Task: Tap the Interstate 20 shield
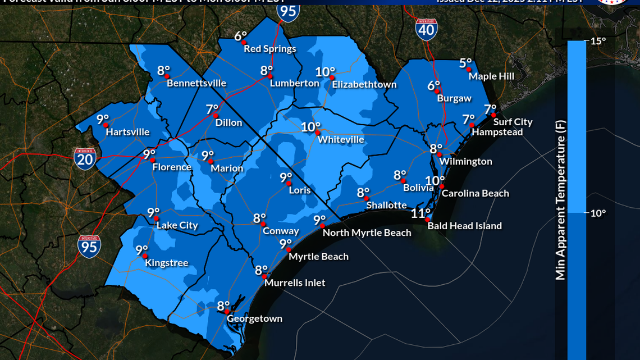[x=85, y=159]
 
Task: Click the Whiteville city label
[x=341, y=139]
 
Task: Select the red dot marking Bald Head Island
[x=428, y=220]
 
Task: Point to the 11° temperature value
[x=420, y=213]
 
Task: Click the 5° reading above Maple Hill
[x=465, y=63]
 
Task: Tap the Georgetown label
[x=254, y=319]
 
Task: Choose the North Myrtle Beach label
[x=367, y=233]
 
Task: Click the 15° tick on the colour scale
[x=597, y=41]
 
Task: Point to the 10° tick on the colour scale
[x=597, y=213]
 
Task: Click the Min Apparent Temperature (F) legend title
[x=560, y=200]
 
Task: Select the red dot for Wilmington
[x=440, y=154]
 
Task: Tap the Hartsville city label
[x=128, y=132]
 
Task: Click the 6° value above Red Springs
[x=240, y=37]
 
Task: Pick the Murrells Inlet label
[x=295, y=283]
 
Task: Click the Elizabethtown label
[x=364, y=85]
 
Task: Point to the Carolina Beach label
[x=475, y=193]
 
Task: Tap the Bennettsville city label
[x=196, y=84]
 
